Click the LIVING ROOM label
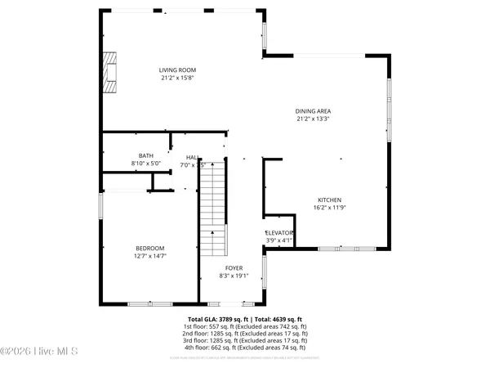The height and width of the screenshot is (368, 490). click(177, 70)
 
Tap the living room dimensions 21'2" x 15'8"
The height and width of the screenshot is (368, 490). click(177, 79)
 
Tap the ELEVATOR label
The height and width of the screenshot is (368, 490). click(278, 233)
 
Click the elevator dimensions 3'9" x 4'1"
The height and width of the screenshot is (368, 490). click(278, 240)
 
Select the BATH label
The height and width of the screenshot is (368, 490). click(146, 155)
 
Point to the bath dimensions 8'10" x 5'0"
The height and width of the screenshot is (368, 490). click(146, 164)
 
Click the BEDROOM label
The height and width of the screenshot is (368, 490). click(150, 249)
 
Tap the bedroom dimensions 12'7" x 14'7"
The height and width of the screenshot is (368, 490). click(150, 257)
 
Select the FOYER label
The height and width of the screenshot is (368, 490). click(234, 267)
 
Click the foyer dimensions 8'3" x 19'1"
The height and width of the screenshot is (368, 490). click(234, 276)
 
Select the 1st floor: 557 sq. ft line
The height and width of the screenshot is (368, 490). click(245, 326)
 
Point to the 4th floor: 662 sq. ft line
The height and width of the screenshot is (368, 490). click(245, 348)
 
